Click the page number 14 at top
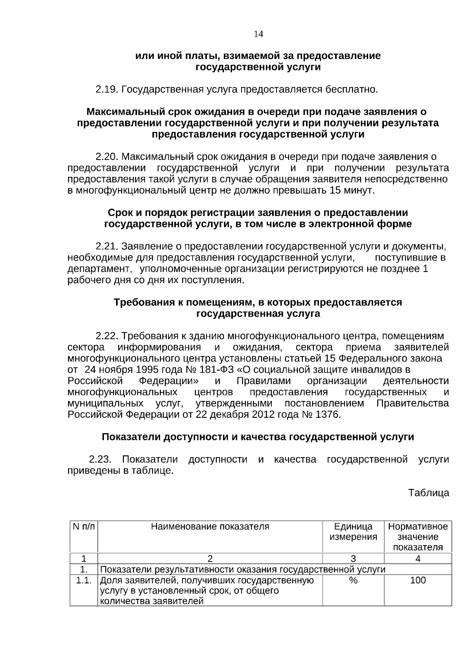258,34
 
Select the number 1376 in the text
327,415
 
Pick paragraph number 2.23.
100,459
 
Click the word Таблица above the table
428,493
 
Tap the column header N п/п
84,527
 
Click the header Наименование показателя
210,527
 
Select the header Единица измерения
353,532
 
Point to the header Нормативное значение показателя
418,537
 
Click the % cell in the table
353,580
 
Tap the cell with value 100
418,580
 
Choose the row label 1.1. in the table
84,580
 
